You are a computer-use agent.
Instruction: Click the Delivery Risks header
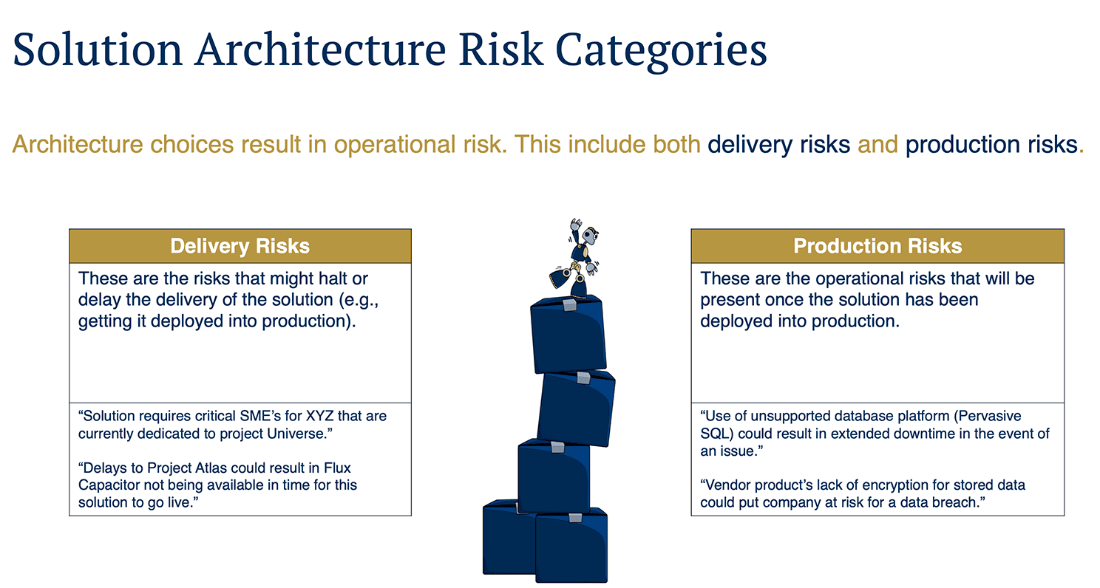tap(240, 246)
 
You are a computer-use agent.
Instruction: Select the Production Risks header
tap(877, 246)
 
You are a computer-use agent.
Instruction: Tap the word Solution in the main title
tap(97, 50)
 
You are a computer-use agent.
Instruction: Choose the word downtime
tap(897, 434)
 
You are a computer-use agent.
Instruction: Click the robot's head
tap(591, 236)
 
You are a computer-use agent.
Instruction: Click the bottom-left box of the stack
tap(506, 543)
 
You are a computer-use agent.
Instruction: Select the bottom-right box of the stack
tap(571, 547)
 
